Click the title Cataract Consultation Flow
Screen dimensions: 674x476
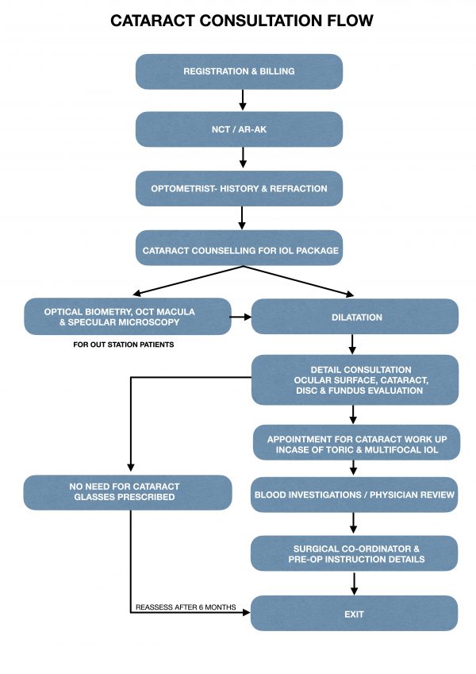(241, 21)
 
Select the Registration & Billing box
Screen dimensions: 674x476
(239, 71)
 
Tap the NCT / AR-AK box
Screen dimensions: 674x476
(239, 129)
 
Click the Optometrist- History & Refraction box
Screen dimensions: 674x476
(239, 189)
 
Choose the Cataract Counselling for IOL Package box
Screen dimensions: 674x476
(240, 250)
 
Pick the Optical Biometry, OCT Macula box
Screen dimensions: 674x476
(127, 316)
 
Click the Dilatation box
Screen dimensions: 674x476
(354, 317)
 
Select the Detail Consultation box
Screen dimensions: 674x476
(354, 379)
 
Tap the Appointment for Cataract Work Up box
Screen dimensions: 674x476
(354, 444)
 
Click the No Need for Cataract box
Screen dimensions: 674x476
(127, 492)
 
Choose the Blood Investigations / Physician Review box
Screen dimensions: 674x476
(354, 495)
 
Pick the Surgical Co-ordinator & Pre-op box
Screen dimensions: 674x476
(354, 553)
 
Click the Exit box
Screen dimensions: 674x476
(354, 614)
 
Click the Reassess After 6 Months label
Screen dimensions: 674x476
(185, 607)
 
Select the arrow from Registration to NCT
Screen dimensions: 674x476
(242, 100)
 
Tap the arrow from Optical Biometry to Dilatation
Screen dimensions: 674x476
(240, 317)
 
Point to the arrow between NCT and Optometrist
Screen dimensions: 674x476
(242, 159)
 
